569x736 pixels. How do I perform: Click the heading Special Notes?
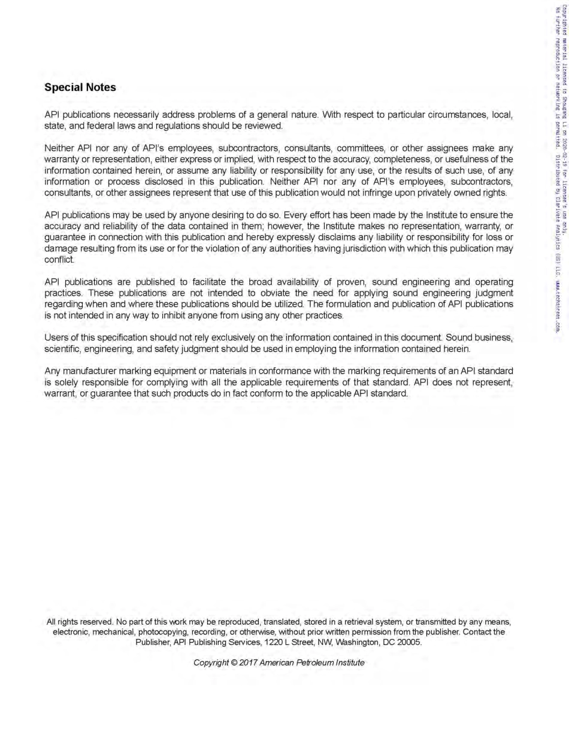[x=80, y=87]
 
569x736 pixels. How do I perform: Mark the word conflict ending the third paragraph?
[x=59, y=260]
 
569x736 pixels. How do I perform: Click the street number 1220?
[x=282, y=643]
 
